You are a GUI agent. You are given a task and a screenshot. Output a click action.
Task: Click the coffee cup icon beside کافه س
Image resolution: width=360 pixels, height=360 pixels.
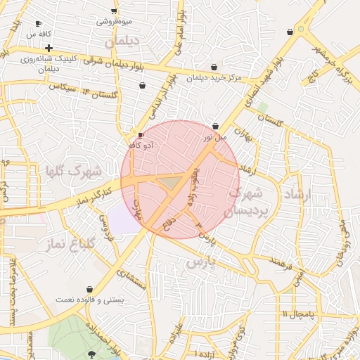click(x=38, y=23)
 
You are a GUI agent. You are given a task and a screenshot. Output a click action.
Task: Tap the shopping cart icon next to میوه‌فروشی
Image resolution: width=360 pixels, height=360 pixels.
click(x=114, y=11)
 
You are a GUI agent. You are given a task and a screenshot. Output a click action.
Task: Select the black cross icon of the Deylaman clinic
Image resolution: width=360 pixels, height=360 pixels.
click(x=49, y=48)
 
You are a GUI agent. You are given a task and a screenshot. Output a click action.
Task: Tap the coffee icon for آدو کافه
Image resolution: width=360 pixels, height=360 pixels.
click(x=141, y=134)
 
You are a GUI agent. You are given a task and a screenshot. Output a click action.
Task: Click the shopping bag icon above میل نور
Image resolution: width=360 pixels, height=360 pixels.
click(x=214, y=127)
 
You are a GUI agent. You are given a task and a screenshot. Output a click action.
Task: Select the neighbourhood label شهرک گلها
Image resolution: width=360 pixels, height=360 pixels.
click(x=73, y=171)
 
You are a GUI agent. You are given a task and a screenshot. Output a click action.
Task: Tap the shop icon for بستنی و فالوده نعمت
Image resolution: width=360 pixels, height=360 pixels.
click(x=89, y=290)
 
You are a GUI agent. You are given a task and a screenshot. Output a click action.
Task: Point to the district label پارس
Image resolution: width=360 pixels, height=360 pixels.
click(x=205, y=262)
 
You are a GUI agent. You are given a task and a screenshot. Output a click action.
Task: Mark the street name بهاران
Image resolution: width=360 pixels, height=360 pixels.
click(x=243, y=134)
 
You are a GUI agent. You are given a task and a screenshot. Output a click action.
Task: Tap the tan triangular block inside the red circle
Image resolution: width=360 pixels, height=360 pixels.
click(x=169, y=183)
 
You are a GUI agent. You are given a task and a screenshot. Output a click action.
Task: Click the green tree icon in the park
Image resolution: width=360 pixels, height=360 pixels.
click(x=93, y=352)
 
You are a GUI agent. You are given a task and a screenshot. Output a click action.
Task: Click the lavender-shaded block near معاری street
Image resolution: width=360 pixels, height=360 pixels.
click(x=124, y=221)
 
